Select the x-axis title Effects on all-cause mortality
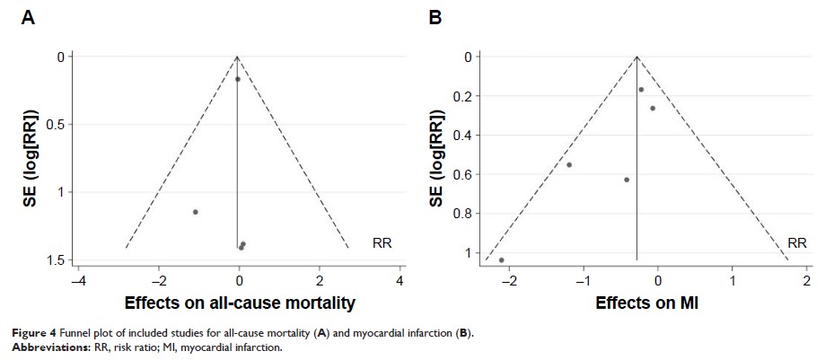[x=240, y=303]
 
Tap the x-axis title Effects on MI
[x=646, y=303]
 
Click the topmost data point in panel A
[x=238, y=79]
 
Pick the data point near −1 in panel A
[x=195, y=212]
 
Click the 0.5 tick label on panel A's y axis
[x=55, y=124]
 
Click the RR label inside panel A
[x=382, y=243]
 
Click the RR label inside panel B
[x=797, y=243]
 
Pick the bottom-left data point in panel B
[x=501, y=260]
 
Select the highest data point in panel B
[x=641, y=90]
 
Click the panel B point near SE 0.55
[x=569, y=165]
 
